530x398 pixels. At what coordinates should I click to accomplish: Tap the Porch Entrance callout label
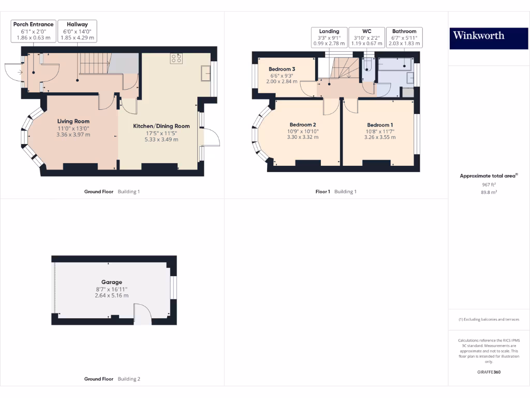(33, 31)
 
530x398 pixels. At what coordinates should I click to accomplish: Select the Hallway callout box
(77, 31)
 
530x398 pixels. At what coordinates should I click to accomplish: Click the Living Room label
(73, 128)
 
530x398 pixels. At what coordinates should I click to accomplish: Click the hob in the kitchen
(176, 59)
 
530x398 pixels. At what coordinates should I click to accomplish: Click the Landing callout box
(329, 37)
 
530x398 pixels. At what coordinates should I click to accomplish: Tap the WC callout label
(366, 37)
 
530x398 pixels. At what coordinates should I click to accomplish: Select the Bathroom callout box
(404, 37)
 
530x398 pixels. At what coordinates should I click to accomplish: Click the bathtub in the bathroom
(394, 64)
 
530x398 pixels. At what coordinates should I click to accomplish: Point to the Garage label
(111, 289)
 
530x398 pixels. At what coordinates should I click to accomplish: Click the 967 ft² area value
(489, 184)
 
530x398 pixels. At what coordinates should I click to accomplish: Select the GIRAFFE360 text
(489, 372)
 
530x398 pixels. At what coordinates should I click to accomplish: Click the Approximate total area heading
(489, 176)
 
